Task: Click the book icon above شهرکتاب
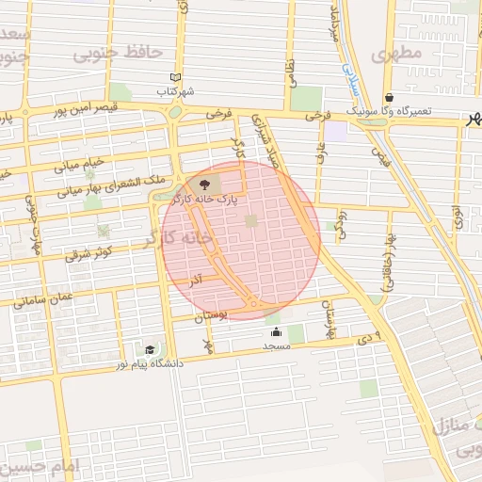coord(174,78)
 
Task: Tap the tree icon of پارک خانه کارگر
coord(205,184)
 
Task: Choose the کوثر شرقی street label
coord(89,254)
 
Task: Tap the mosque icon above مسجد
coord(276,332)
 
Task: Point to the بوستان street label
coord(212,318)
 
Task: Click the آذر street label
coord(196,281)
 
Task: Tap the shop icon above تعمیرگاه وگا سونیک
coord(390,97)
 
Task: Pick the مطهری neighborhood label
coord(396,55)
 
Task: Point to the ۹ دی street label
coord(371,337)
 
